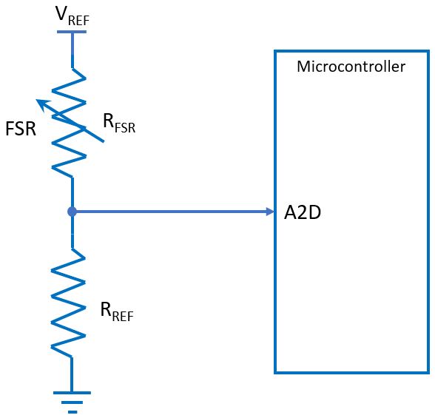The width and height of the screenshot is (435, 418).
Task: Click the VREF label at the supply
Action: pos(71,16)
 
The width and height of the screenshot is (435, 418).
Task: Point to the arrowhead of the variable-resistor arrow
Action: pos(41,104)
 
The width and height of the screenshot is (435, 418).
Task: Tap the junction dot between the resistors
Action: pos(72,212)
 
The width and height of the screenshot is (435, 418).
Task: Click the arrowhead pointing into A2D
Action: pos(270,212)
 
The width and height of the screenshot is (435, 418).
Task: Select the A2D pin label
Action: pos(303,213)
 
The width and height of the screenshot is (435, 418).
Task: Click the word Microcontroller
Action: pos(351,67)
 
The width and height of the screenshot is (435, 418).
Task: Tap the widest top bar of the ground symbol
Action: pos(72,393)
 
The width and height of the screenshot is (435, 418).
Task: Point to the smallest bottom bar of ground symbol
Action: pos(72,411)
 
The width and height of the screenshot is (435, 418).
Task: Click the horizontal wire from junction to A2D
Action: pos(170,212)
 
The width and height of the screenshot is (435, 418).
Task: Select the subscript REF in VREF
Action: pos(79,20)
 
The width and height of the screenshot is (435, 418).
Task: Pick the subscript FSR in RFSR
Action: pos(126,128)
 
